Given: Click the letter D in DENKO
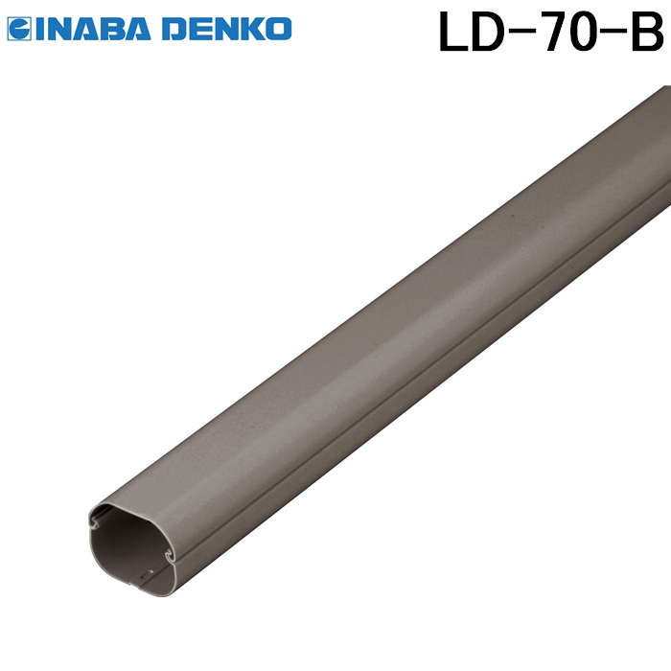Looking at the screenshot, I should tap(177, 30).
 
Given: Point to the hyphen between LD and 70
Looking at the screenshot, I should tap(518, 35).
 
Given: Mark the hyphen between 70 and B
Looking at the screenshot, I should tap(614, 35).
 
